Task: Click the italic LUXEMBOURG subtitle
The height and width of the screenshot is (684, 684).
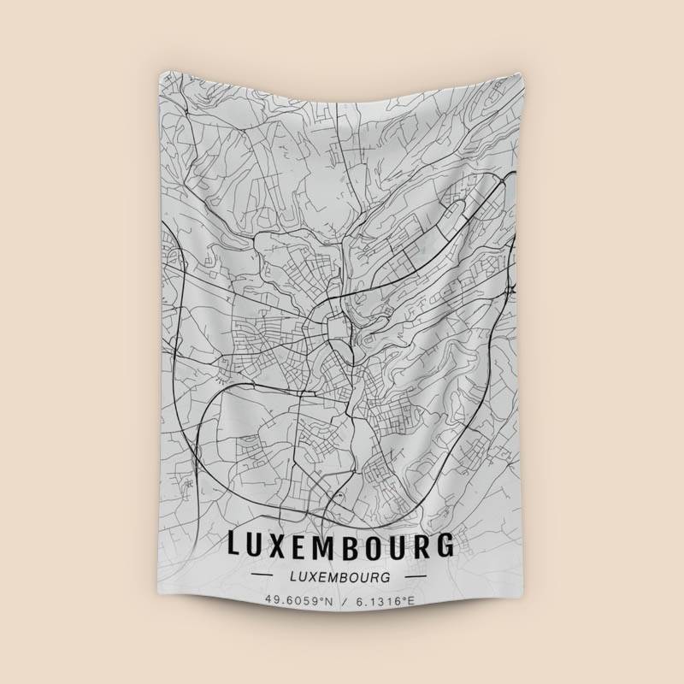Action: coord(341,575)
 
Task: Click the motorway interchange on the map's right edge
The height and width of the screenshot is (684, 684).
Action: coord(510,292)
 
